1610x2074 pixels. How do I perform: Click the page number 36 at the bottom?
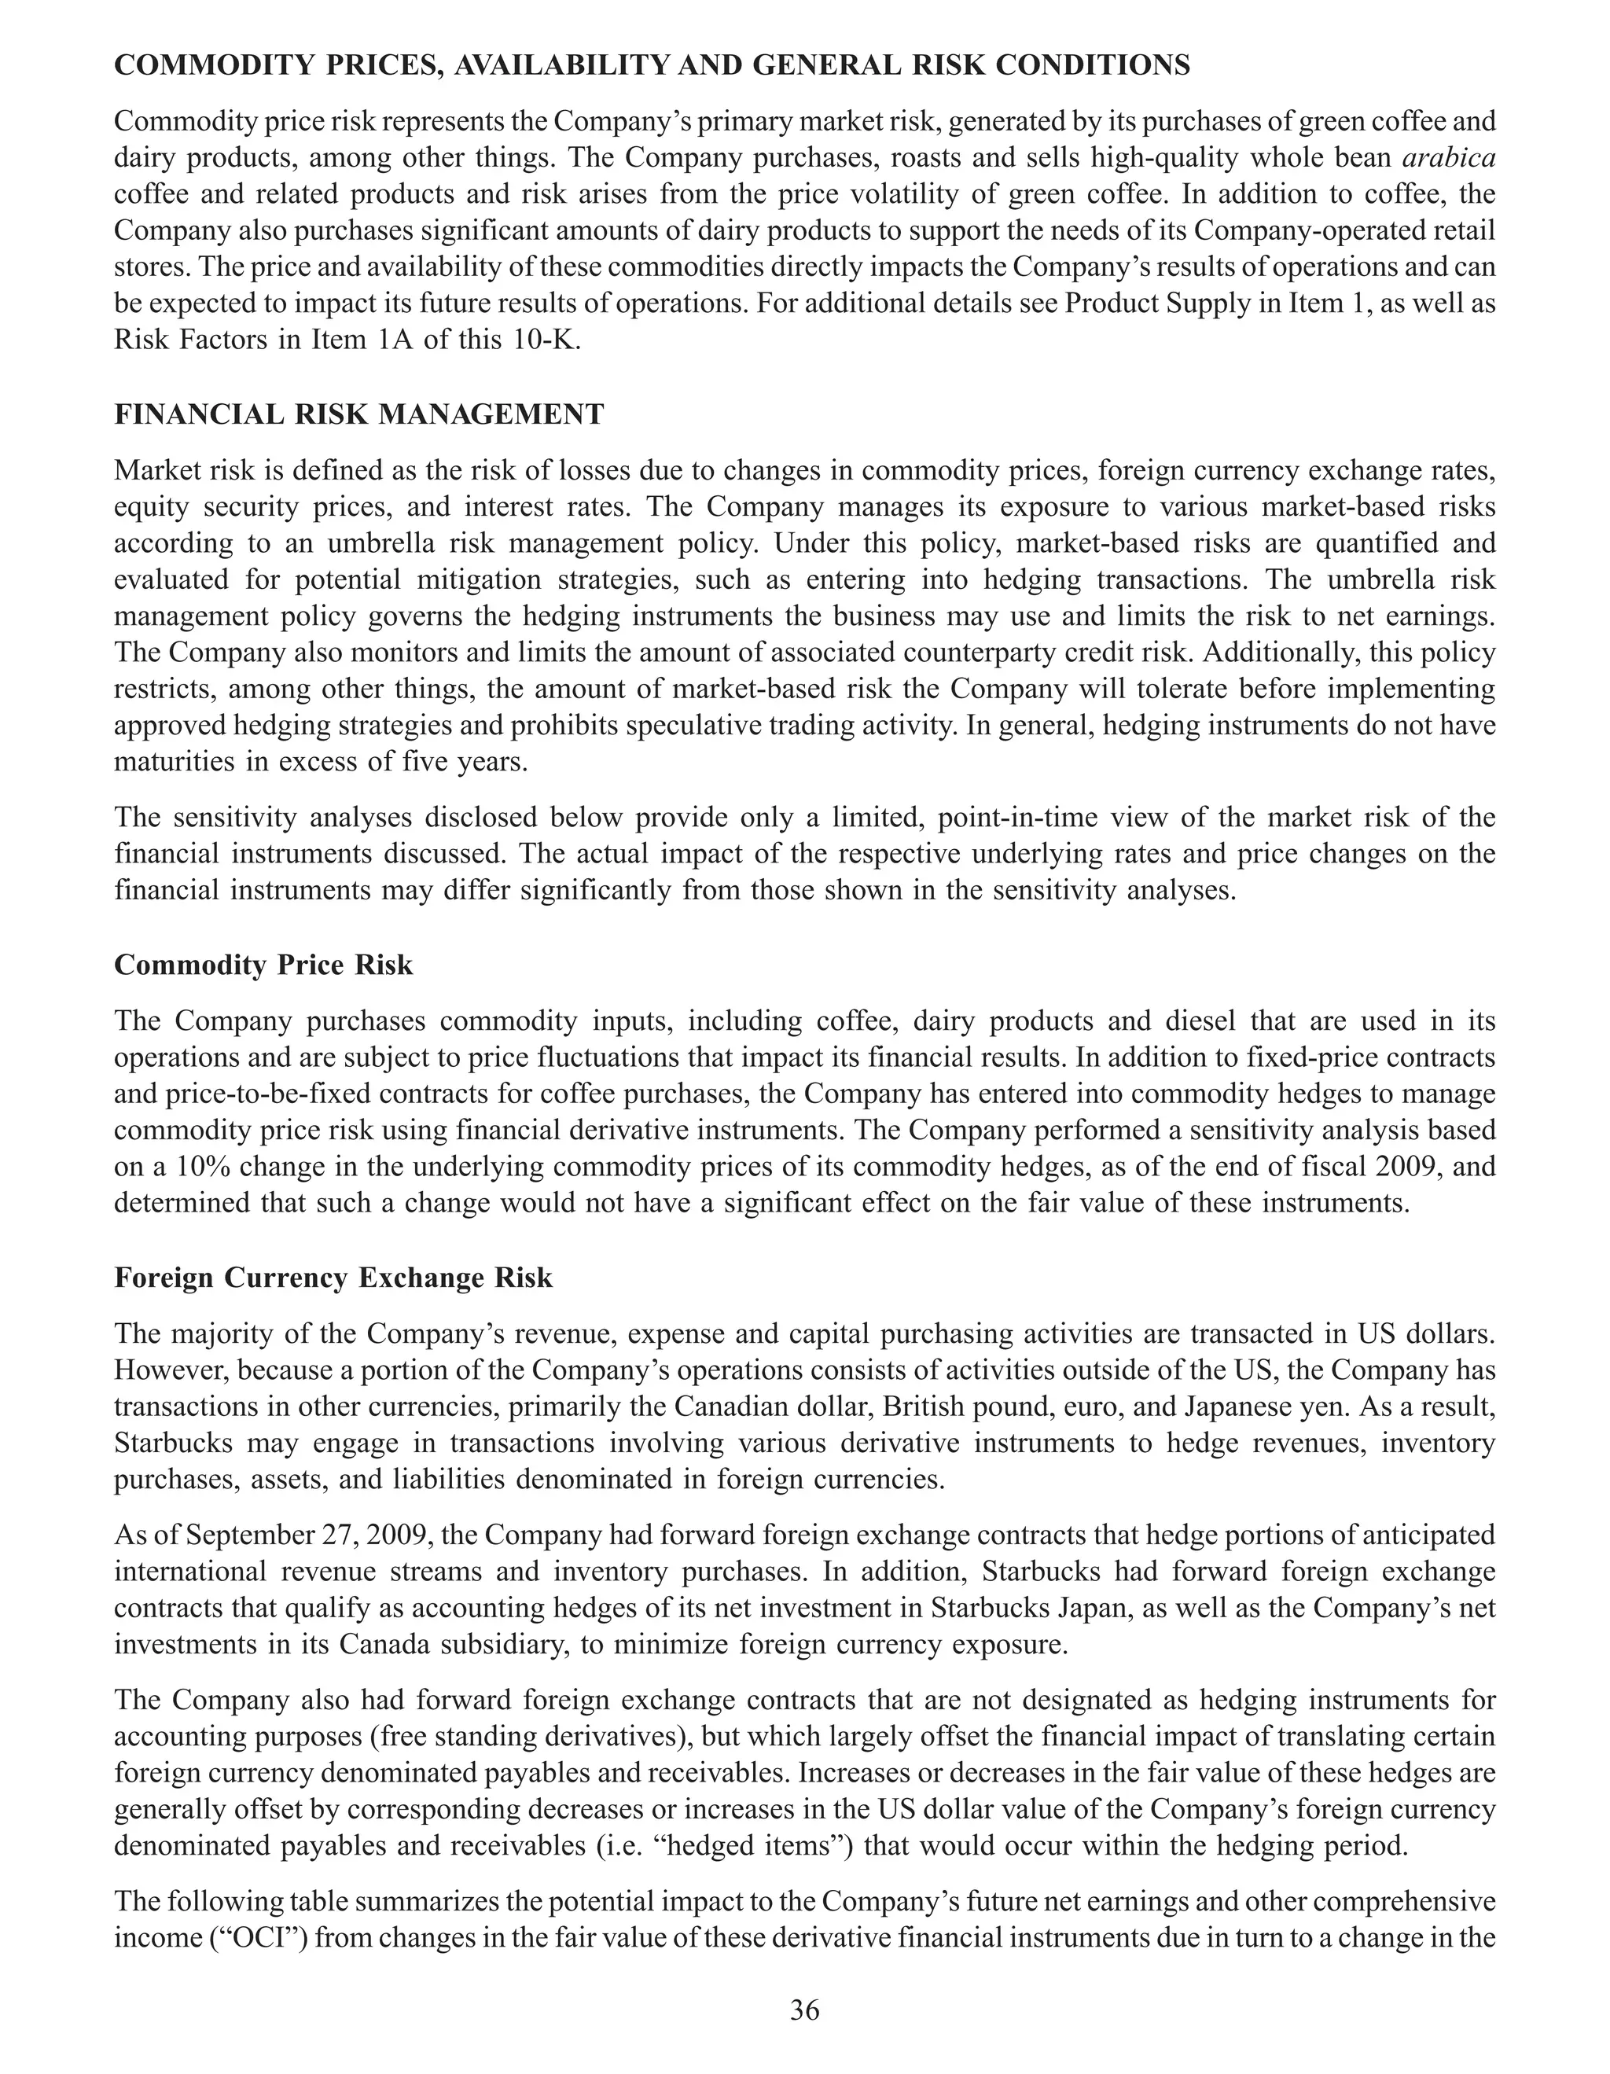(804, 2010)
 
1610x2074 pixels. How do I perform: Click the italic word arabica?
(1448, 158)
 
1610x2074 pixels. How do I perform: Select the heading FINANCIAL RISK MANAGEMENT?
(358, 415)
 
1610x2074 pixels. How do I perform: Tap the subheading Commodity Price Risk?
(263, 965)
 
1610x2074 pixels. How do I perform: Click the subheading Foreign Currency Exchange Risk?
(333, 1278)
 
